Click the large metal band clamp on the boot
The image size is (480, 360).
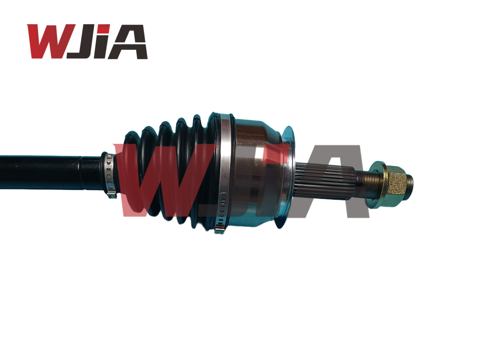[225, 169]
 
